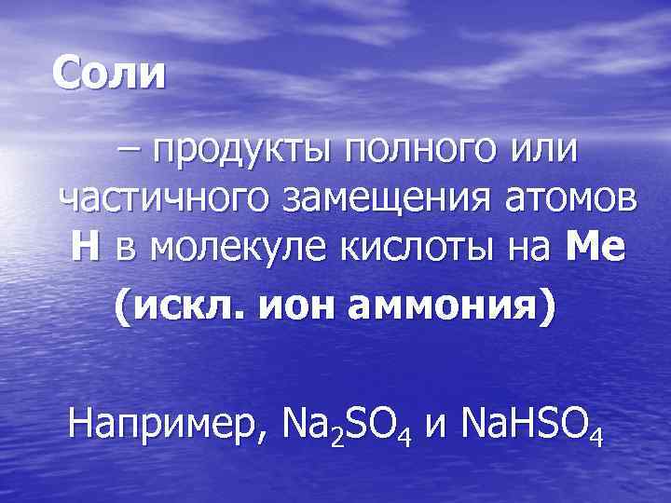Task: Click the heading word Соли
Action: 108,72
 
